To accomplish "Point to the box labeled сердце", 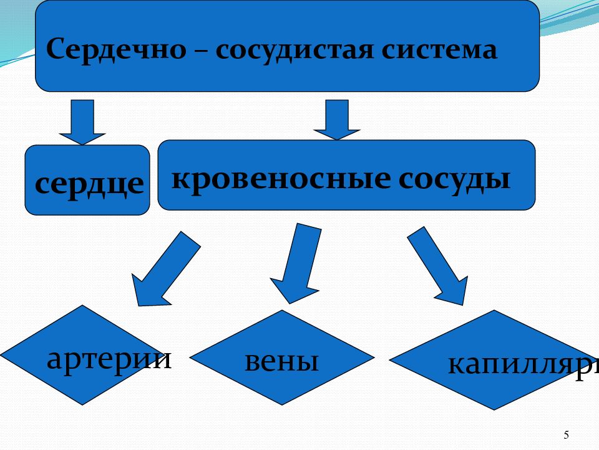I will coord(87,180).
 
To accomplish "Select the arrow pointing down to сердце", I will coord(82,122).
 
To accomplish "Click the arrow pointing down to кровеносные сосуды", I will coord(337,119).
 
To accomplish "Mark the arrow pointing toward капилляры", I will coord(437,266).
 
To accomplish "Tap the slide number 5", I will coord(566,435).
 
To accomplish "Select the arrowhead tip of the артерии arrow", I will coord(138,304).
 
